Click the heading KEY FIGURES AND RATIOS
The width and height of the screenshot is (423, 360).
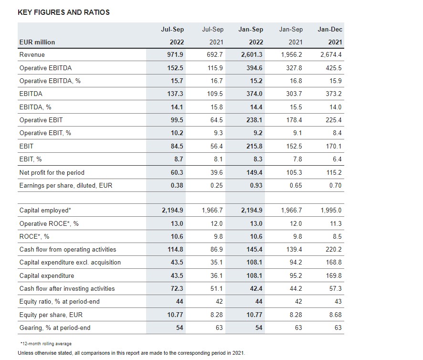point(63,12)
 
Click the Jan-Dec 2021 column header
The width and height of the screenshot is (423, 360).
point(330,36)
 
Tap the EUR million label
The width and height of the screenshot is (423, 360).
point(37,42)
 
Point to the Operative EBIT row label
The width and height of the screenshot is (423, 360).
point(41,120)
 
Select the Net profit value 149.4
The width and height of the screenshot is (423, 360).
point(254,172)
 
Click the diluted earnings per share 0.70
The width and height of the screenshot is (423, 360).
point(335,185)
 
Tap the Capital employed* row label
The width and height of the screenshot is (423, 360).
point(45,211)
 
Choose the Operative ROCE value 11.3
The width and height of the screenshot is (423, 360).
point(336,223)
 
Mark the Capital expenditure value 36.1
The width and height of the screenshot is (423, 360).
point(216,275)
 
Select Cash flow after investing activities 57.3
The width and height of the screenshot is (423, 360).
point(335,288)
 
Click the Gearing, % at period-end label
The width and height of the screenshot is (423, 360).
point(55,328)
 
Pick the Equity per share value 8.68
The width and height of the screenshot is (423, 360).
point(335,315)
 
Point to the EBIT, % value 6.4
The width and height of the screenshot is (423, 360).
point(337,159)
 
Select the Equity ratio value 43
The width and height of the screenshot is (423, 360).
point(338,301)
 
